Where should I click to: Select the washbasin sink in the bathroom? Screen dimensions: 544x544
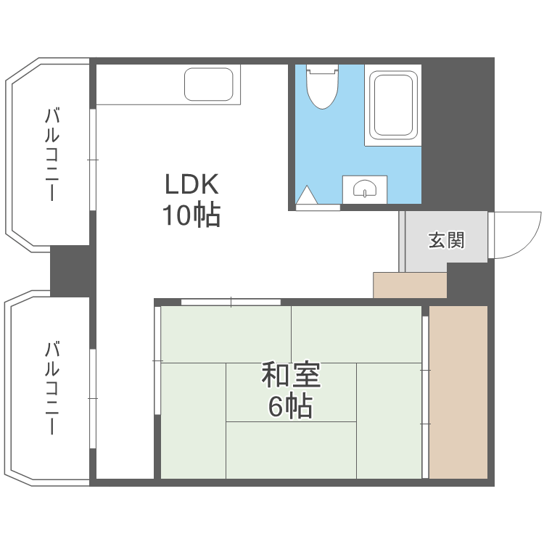pos(365,190)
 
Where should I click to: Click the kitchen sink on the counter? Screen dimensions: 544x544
pos(211,84)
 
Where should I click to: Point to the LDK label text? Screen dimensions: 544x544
pos(191,186)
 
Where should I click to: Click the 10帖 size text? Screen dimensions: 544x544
pos(191,215)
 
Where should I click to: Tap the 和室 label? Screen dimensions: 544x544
pos(290,376)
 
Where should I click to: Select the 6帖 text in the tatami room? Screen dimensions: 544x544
pos(290,406)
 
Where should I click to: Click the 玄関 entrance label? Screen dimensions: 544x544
pos(446,240)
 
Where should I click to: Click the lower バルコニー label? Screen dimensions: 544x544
pos(51,387)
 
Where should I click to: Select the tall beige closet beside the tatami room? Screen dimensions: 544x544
pos(458,392)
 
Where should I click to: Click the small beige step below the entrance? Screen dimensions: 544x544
pos(410,285)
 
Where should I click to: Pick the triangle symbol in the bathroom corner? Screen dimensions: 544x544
pos(307,196)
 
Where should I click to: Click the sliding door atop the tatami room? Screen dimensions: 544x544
pos(231,302)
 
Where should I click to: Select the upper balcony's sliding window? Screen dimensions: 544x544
pos(92,159)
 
